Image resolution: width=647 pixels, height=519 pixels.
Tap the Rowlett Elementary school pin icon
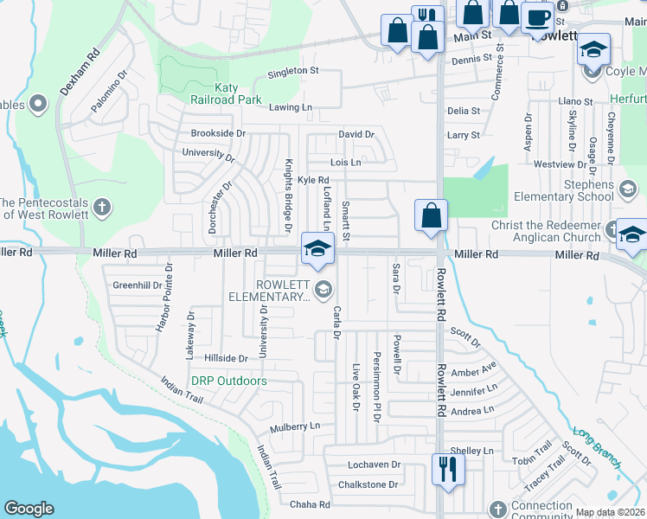click(317, 247)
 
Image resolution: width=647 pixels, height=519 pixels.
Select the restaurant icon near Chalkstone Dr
click(447, 469)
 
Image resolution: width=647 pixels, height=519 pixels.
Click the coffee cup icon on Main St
click(538, 16)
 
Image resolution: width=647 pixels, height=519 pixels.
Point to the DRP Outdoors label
click(228, 381)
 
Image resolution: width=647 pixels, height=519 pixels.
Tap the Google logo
click(29, 509)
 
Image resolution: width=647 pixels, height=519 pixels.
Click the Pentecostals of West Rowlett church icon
click(102, 207)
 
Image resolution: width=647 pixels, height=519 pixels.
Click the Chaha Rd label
click(311, 504)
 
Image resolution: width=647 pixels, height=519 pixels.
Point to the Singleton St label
click(292, 71)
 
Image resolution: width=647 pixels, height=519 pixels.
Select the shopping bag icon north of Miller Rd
click(431, 215)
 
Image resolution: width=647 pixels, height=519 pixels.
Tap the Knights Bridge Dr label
click(287, 195)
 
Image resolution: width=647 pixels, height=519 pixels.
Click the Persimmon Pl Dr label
click(377, 387)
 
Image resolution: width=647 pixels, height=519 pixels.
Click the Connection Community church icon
click(496, 509)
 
